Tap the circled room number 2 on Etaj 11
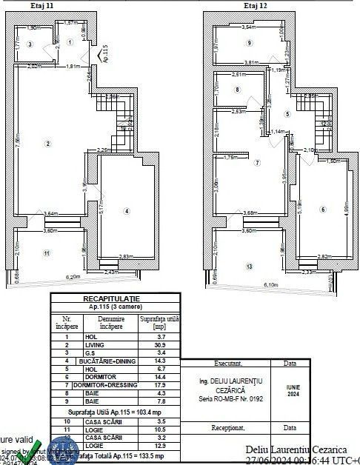[47, 143]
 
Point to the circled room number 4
[127, 211]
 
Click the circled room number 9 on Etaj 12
[230, 43]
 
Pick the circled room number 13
[250, 266]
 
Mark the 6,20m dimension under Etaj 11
[72, 276]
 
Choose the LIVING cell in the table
[93, 346]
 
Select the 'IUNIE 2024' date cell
[288, 389]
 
